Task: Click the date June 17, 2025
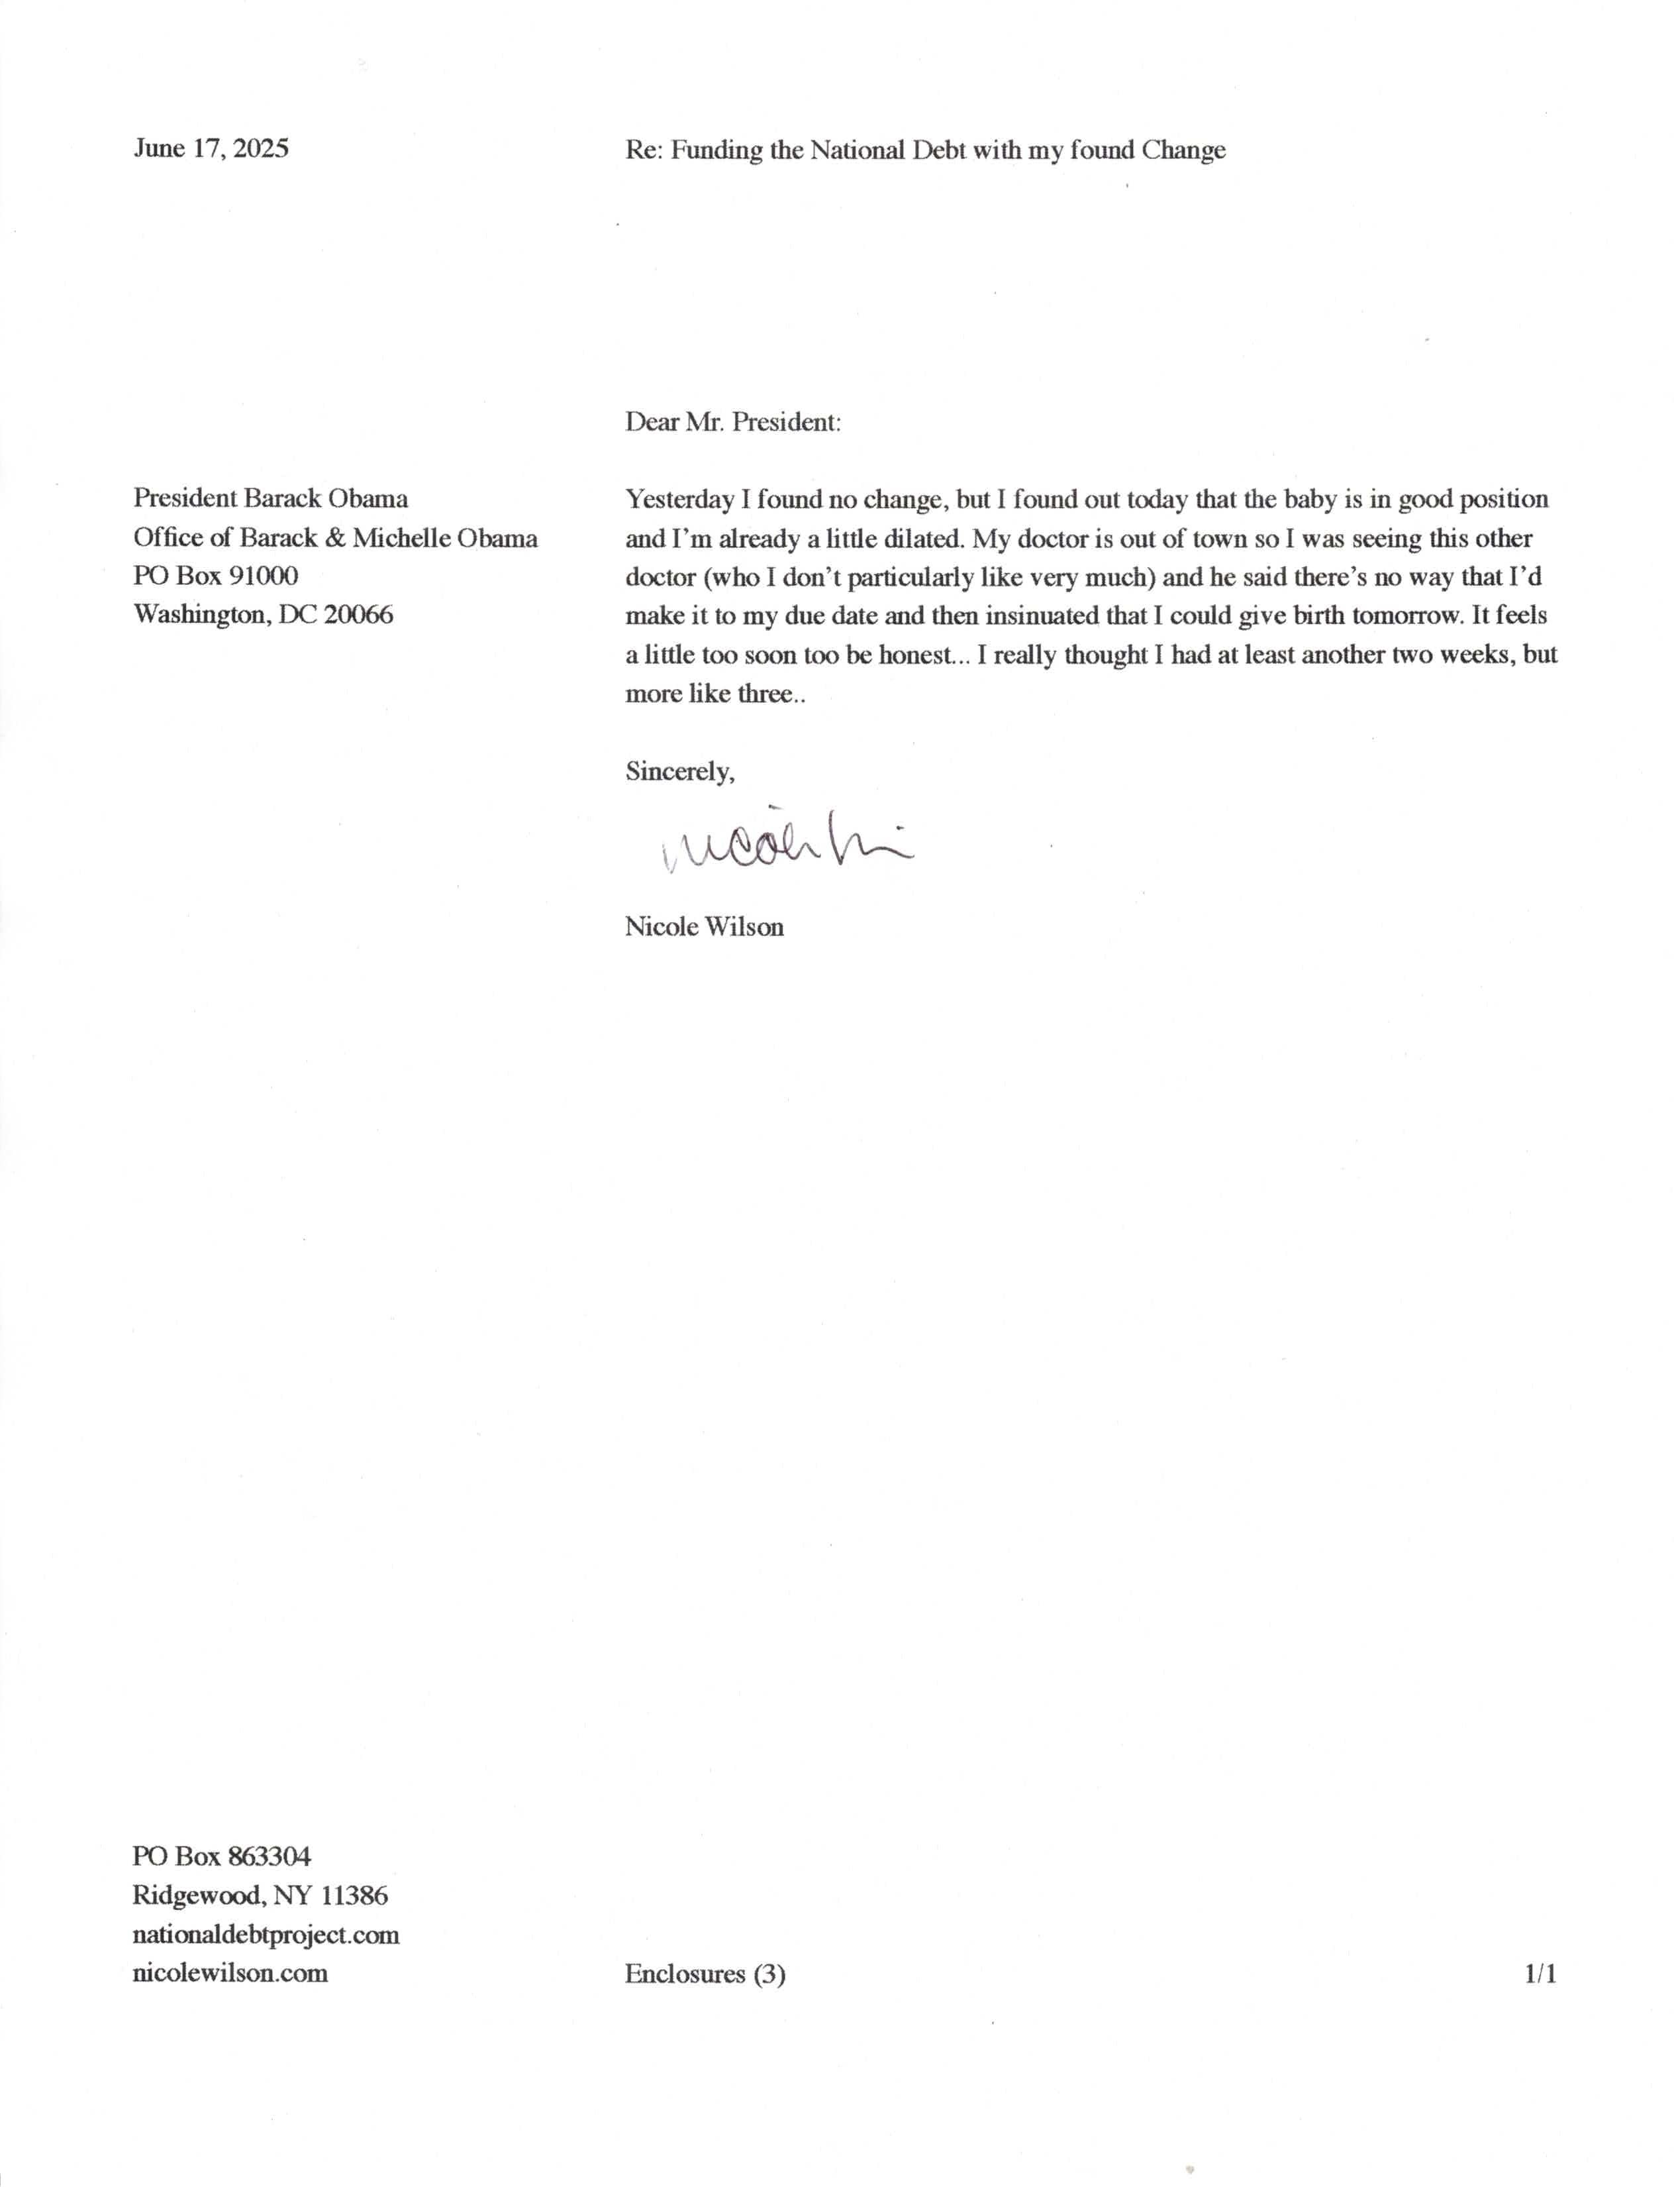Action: [x=211, y=148]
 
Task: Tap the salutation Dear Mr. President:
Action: [x=732, y=423]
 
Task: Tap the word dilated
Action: [x=924, y=539]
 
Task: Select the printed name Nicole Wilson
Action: [x=703, y=927]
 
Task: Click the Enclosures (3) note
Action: [x=705, y=1974]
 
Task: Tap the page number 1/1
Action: [x=1540, y=1974]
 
